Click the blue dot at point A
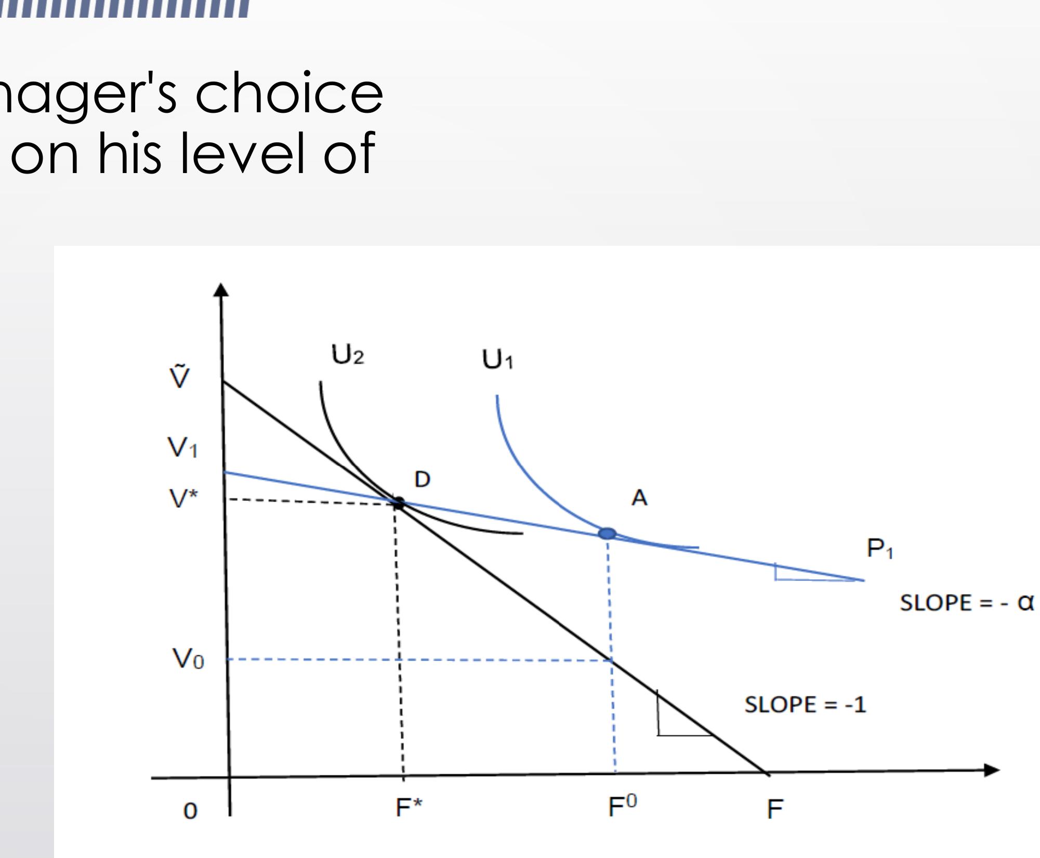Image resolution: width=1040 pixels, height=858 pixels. pyautogui.click(x=607, y=534)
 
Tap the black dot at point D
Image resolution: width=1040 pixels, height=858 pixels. pyautogui.click(x=399, y=503)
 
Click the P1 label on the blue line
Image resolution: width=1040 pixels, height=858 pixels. pyautogui.click(x=879, y=549)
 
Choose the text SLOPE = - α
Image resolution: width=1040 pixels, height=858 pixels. pyautogui.click(x=966, y=603)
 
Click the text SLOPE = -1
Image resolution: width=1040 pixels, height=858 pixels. pyautogui.click(x=805, y=705)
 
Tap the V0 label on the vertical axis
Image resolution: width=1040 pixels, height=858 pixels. pyautogui.click(x=188, y=660)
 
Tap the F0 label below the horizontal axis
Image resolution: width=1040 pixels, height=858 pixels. pyautogui.click(x=622, y=807)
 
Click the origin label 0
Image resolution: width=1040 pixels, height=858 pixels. pyautogui.click(x=191, y=811)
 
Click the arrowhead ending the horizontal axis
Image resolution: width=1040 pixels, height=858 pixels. pyautogui.click(x=992, y=770)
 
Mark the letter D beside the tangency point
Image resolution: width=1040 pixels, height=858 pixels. pyautogui.click(x=422, y=480)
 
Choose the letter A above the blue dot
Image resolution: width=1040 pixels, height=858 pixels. pyautogui.click(x=639, y=498)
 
